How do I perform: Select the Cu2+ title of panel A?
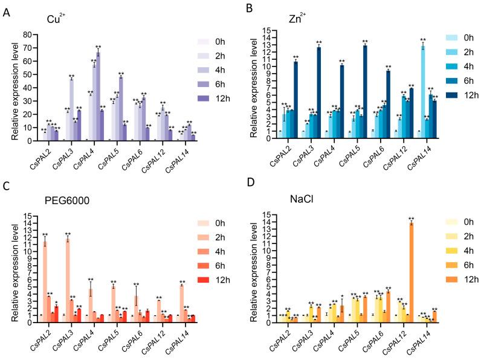[57, 19]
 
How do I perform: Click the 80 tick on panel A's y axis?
[29, 34]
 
